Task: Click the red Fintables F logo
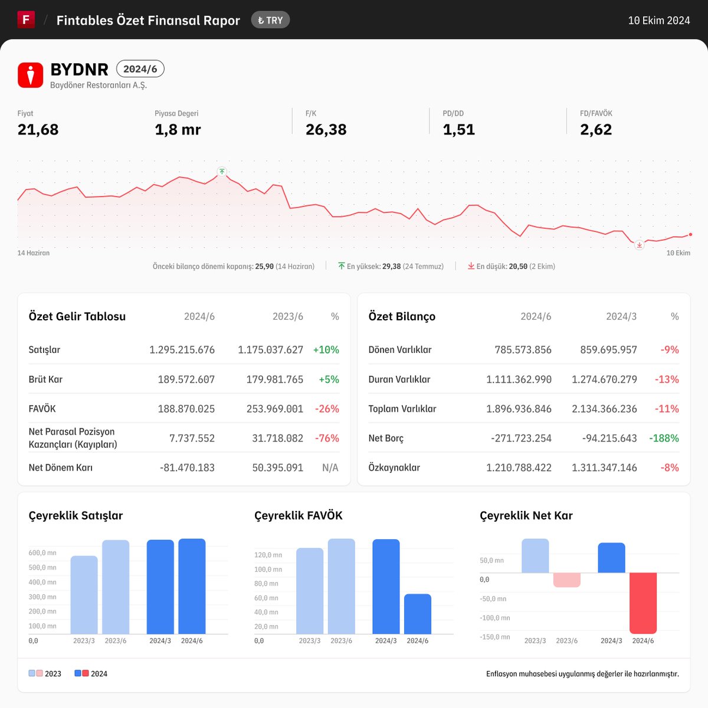pyautogui.click(x=26, y=19)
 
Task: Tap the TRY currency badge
pyautogui.click(x=270, y=20)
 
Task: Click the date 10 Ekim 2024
pyautogui.click(x=659, y=21)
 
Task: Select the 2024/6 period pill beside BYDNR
pyautogui.click(x=140, y=68)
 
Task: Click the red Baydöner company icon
pyautogui.click(x=31, y=75)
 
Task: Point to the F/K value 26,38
pyautogui.click(x=326, y=130)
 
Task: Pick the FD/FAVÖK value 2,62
pyautogui.click(x=596, y=130)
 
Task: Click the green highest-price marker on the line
pyautogui.click(x=222, y=172)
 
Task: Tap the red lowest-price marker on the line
pyautogui.click(x=640, y=245)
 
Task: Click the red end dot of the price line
pyautogui.click(x=690, y=234)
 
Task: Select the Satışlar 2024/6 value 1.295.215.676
pyautogui.click(x=182, y=350)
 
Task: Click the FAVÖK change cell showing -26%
pyautogui.click(x=327, y=409)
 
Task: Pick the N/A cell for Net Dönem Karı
pyautogui.click(x=330, y=468)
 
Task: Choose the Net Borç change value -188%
pyautogui.click(x=664, y=438)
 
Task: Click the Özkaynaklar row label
pyautogui.click(x=394, y=468)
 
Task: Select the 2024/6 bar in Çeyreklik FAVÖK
pyautogui.click(x=418, y=614)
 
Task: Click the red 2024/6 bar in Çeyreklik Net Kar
pyautogui.click(x=643, y=603)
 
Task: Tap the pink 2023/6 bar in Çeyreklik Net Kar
pyautogui.click(x=567, y=580)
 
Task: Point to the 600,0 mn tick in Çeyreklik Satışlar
pyautogui.click(x=42, y=553)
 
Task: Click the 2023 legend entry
pyautogui.click(x=45, y=673)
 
